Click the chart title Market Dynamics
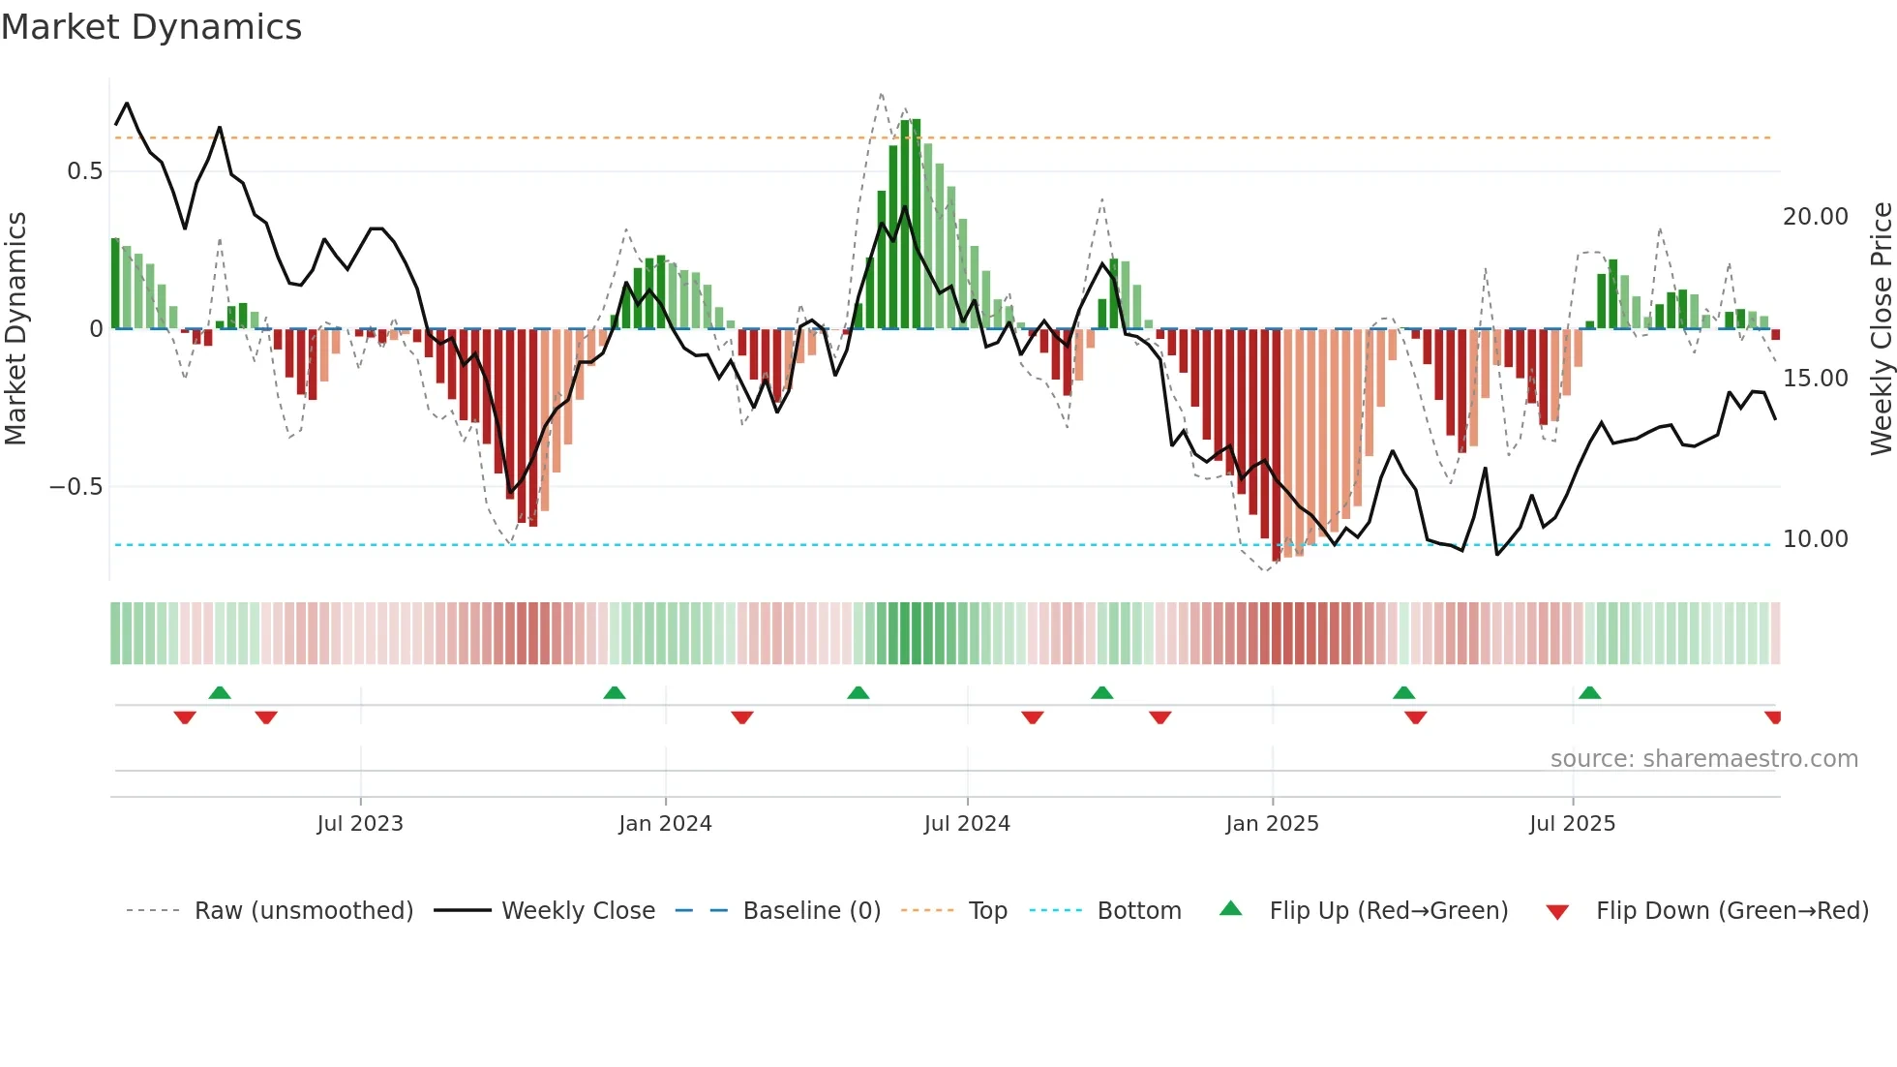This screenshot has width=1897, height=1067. (152, 27)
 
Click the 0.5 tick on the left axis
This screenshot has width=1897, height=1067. (84, 171)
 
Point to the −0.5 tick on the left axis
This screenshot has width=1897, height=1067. (75, 487)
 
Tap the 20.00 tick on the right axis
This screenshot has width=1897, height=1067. (1815, 217)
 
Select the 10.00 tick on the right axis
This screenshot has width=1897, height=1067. (1815, 539)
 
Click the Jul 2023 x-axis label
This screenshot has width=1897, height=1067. (360, 824)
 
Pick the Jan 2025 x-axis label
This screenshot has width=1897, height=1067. (1272, 824)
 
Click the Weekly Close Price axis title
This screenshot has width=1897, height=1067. (1881, 329)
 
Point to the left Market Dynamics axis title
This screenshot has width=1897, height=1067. (16, 329)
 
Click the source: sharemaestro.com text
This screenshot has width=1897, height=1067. (1703, 759)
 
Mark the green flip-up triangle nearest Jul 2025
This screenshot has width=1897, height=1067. (1589, 692)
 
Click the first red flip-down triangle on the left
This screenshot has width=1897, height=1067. (185, 717)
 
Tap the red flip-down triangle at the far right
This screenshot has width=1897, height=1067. (1773, 717)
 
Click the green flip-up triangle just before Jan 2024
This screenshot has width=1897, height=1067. (615, 692)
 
